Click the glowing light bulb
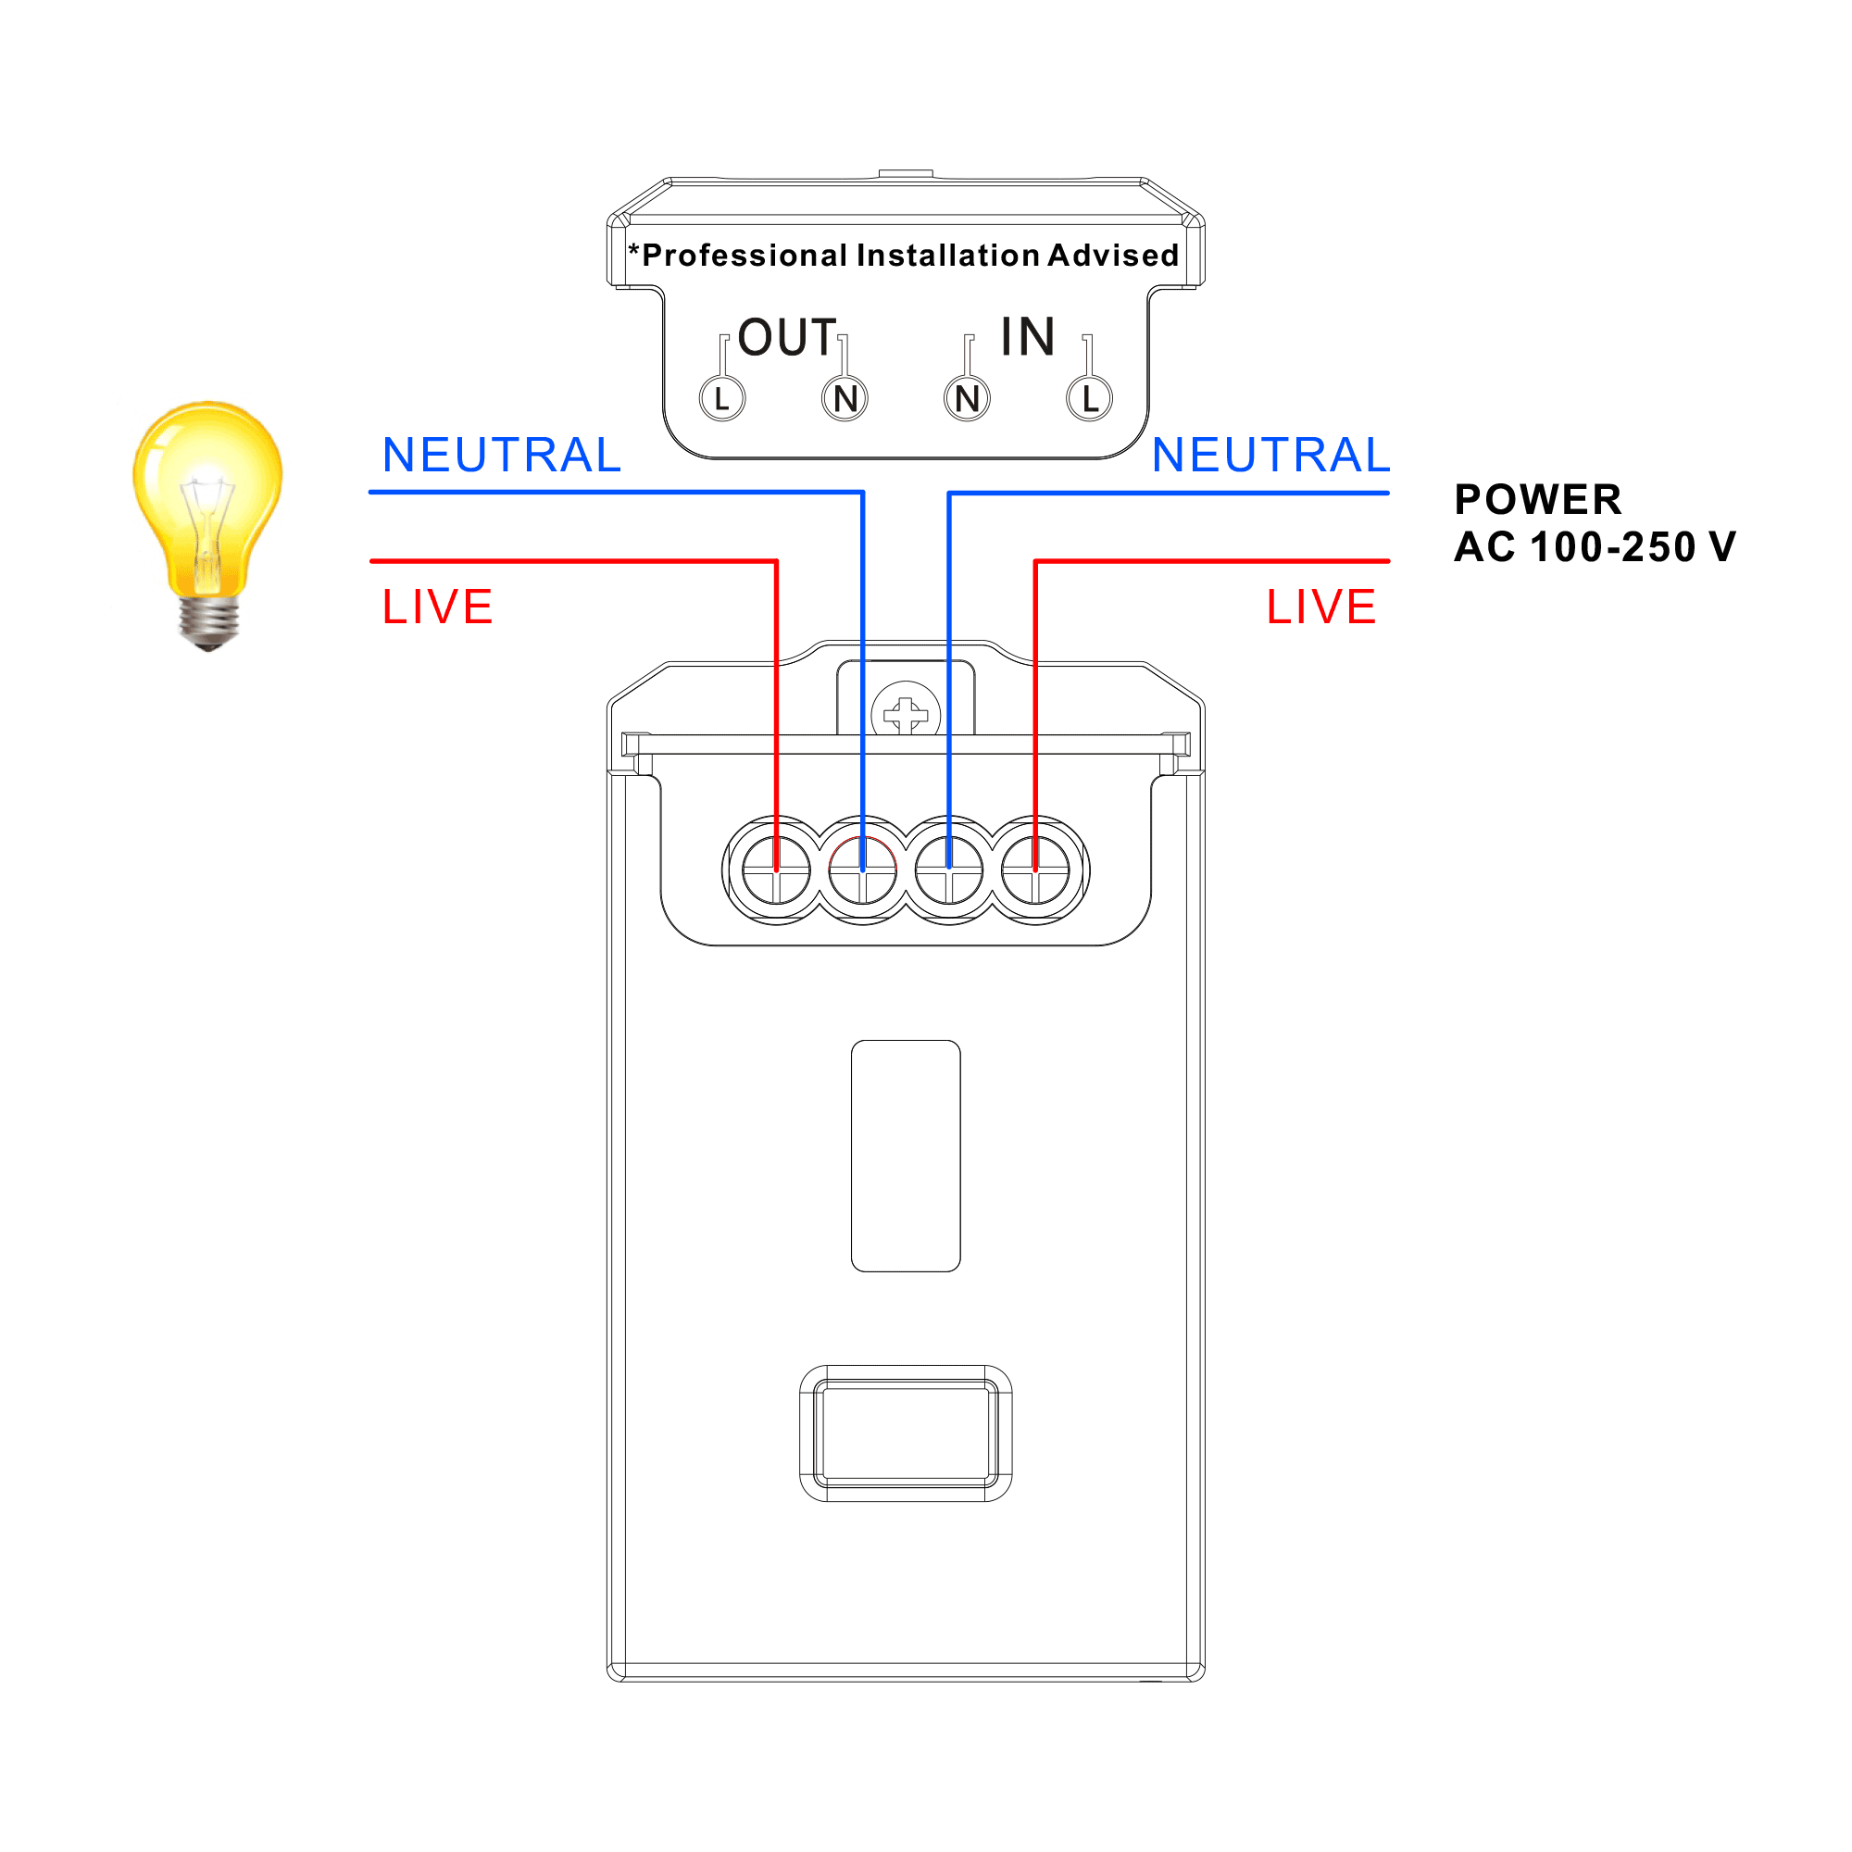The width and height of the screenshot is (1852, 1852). (207, 498)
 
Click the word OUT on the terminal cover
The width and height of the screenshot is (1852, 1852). (787, 337)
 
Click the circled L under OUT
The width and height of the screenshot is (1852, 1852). (722, 399)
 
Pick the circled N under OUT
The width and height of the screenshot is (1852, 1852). (845, 399)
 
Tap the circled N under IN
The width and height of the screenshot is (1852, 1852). (968, 399)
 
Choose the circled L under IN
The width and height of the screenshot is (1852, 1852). (1090, 399)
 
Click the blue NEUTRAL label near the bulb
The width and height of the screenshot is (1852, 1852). (501, 456)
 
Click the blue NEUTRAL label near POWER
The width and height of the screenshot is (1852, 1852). (1271, 456)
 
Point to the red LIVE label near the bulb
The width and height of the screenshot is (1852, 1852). (437, 607)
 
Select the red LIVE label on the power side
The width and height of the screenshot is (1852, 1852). (1321, 607)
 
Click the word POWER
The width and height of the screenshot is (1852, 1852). (1537, 499)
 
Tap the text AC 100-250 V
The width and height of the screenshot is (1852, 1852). (1595, 547)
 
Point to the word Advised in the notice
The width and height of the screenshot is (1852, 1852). (1113, 255)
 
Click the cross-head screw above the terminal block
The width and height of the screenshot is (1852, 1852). (906, 714)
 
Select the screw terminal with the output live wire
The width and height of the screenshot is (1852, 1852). (777, 870)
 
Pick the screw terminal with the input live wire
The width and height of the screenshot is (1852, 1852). (1035, 870)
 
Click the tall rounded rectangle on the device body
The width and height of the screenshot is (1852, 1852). (906, 1156)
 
